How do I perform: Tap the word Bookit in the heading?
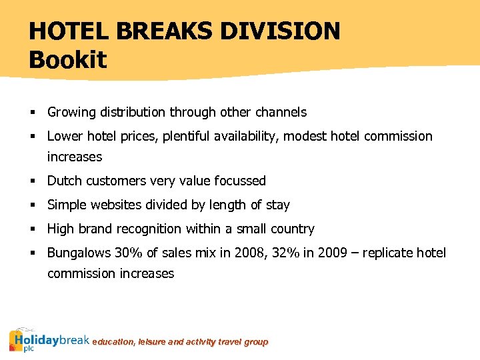pyautogui.click(x=67, y=60)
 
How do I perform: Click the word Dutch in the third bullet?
pyautogui.click(x=65, y=181)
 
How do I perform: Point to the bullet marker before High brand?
pyautogui.click(x=32, y=229)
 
